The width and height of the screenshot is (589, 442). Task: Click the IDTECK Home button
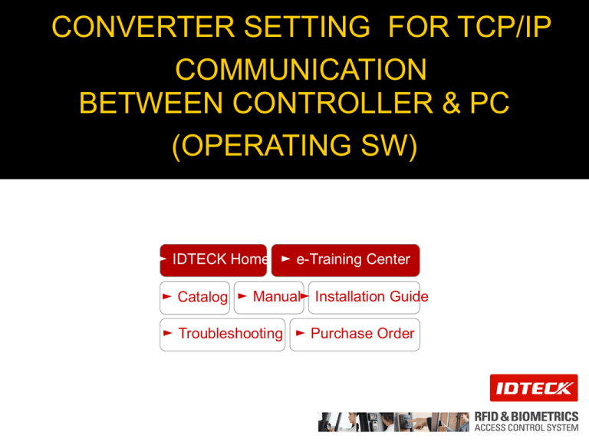[213, 260]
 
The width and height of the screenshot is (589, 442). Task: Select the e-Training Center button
[346, 260]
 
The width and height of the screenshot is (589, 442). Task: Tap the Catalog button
[195, 297]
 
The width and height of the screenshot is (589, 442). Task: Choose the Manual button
[269, 297]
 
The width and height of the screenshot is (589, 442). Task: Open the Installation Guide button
[364, 297]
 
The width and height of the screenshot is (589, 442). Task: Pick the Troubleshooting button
[222, 335]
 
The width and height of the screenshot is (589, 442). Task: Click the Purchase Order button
[355, 335]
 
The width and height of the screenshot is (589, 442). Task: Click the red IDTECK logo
[534, 388]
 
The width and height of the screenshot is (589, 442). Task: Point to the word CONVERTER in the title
[143, 27]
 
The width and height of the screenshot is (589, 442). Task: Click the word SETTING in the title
[307, 27]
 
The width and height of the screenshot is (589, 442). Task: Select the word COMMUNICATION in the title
[301, 70]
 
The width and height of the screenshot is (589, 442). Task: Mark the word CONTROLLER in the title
[333, 103]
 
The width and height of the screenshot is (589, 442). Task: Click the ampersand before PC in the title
[452, 103]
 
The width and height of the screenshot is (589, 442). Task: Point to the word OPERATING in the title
[266, 145]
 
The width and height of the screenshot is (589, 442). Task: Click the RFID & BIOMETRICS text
[526, 417]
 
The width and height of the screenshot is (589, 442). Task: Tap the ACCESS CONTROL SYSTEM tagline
[526, 427]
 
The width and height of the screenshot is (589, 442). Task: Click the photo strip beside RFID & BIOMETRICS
[393, 422]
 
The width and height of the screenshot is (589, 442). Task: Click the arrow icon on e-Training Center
[285, 259]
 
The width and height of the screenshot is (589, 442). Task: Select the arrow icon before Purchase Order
[300, 333]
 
